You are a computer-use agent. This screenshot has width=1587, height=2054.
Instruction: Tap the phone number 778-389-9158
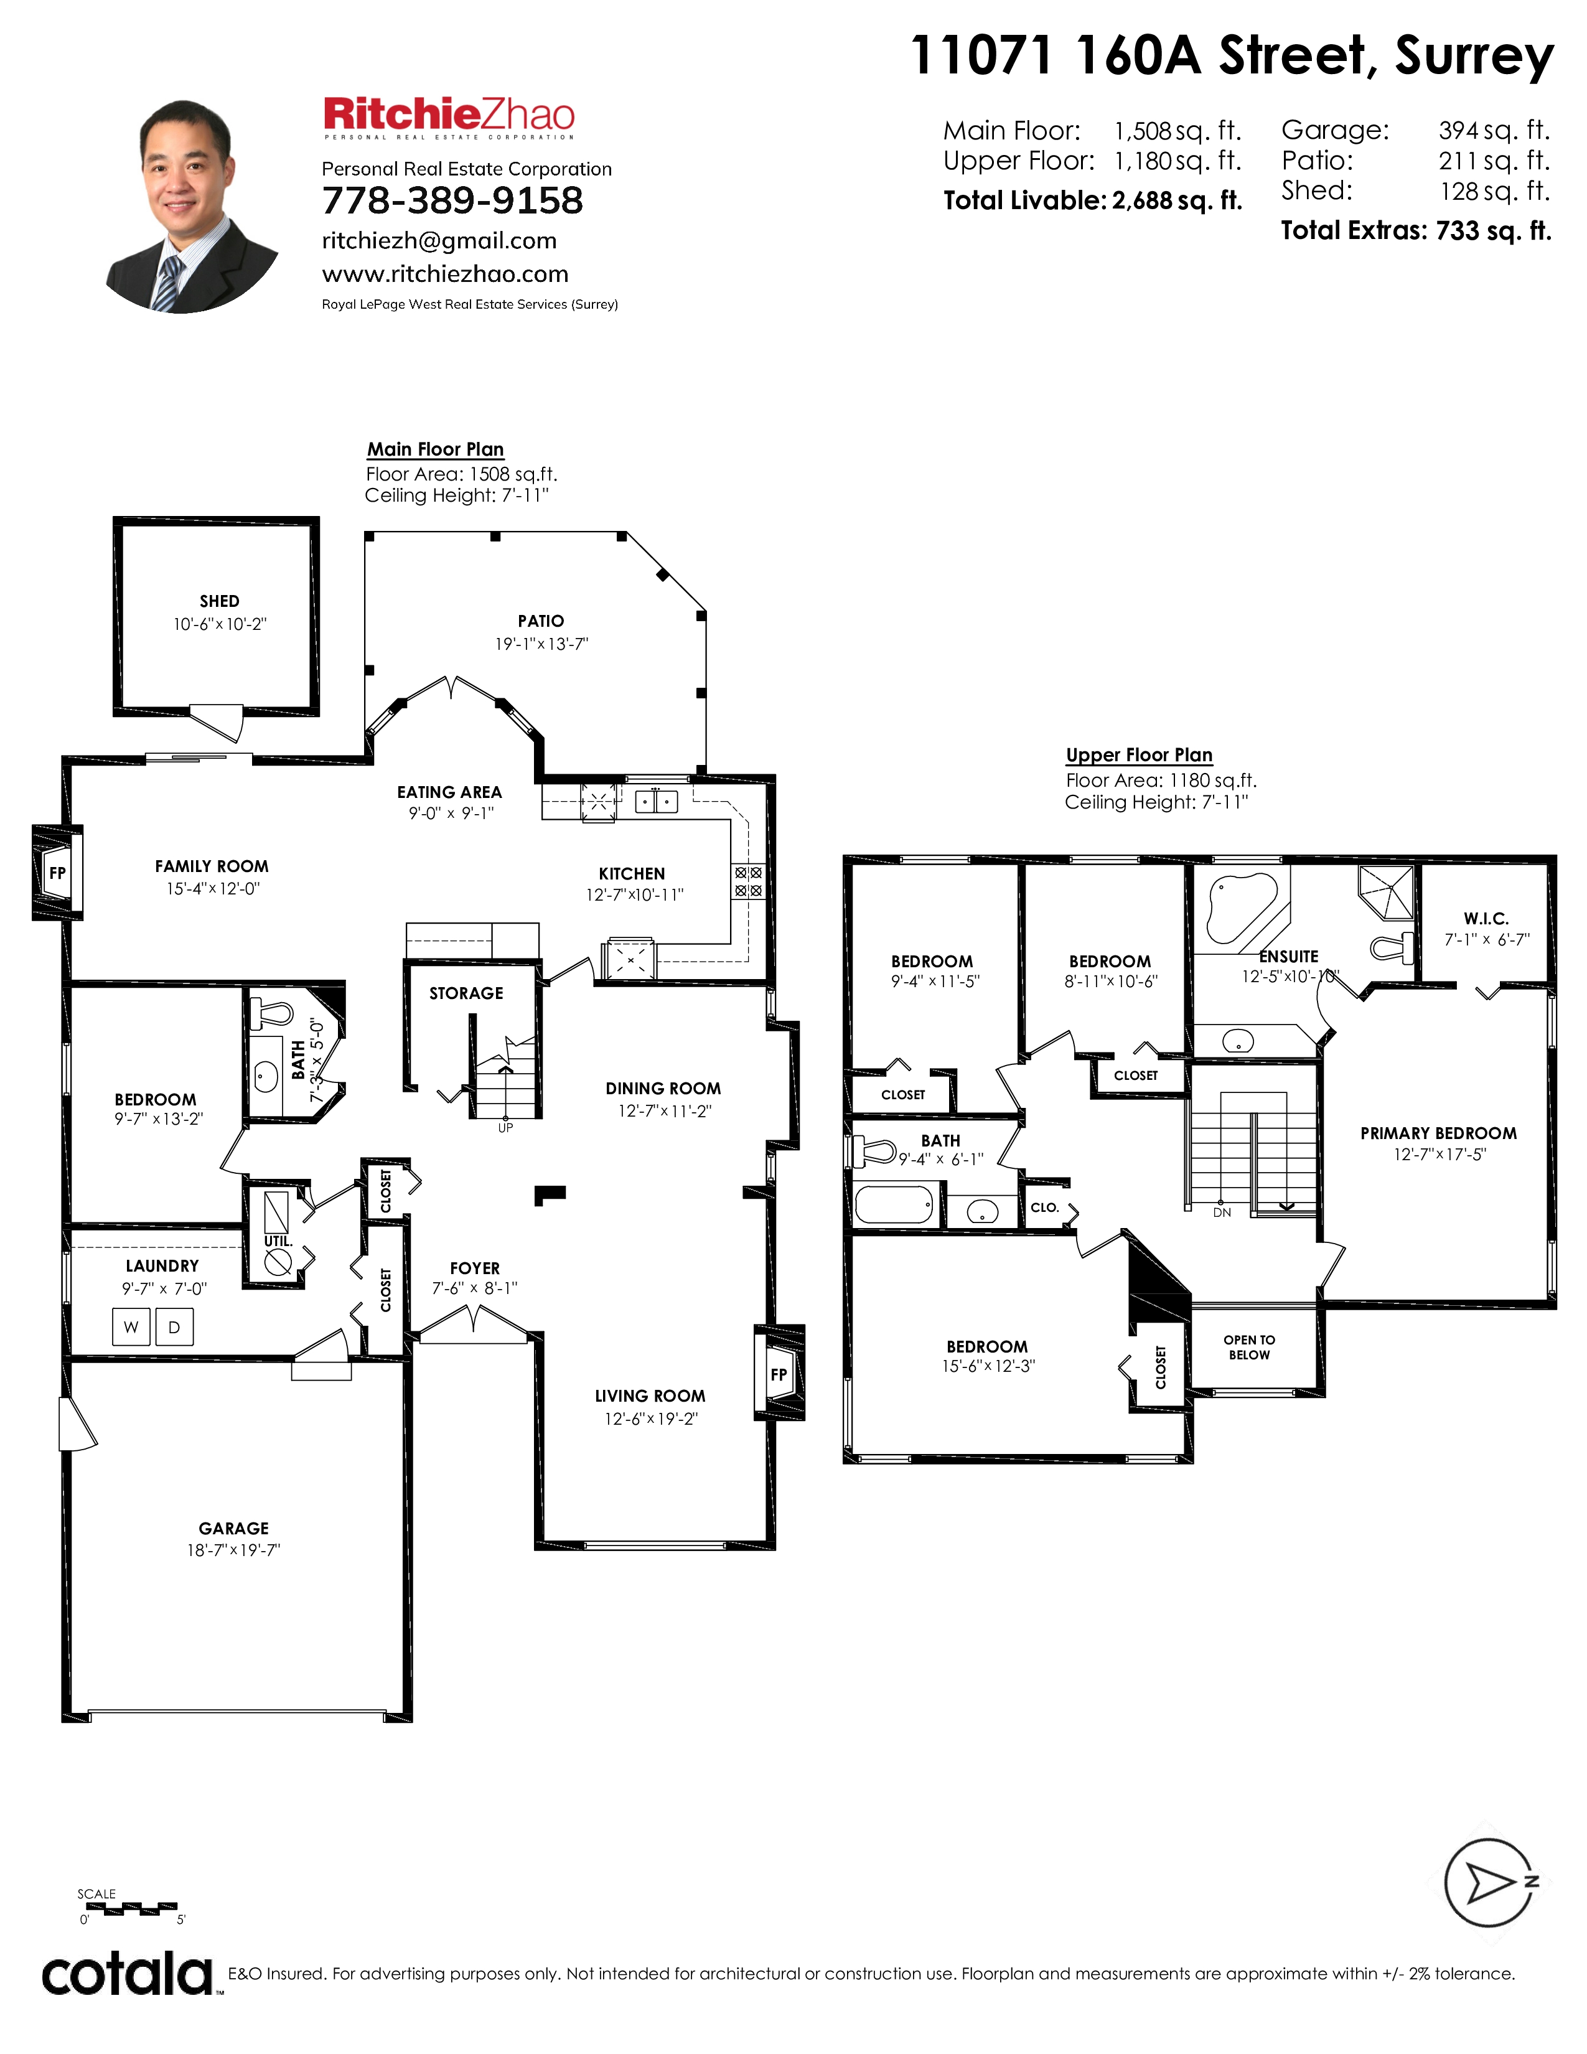pyautogui.click(x=452, y=200)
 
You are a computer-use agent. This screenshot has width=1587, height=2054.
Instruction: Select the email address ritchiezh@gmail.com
pyautogui.click(x=439, y=241)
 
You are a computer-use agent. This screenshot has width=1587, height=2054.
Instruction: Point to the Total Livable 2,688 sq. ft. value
pyautogui.click(x=1177, y=200)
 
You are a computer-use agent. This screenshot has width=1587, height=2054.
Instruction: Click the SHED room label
pyautogui.click(x=219, y=601)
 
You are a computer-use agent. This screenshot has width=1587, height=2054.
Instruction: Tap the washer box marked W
pyautogui.click(x=131, y=1327)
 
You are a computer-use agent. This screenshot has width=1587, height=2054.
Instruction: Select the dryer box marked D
pyautogui.click(x=174, y=1327)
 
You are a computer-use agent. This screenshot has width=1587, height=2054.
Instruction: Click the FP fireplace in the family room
pyautogui.click(x=57, y=873)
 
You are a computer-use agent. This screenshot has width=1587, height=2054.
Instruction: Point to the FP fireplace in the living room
pyautogui.click(x=779, y=1373)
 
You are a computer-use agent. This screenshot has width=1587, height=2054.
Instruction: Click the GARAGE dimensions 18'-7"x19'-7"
pyautogui.click(x=233, y=1551)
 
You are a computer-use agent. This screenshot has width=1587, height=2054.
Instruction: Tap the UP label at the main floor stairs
pyautogui.click(x=506, y=1128)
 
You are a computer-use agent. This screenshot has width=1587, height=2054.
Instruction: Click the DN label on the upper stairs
pyautogui.click(x=1222, y=1213)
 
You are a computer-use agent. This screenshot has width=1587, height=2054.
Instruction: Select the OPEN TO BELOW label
pyautogui.click(x=1250, y=1347)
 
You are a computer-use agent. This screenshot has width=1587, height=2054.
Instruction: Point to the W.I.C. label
pyautogui.click(x=1486, y=919)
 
